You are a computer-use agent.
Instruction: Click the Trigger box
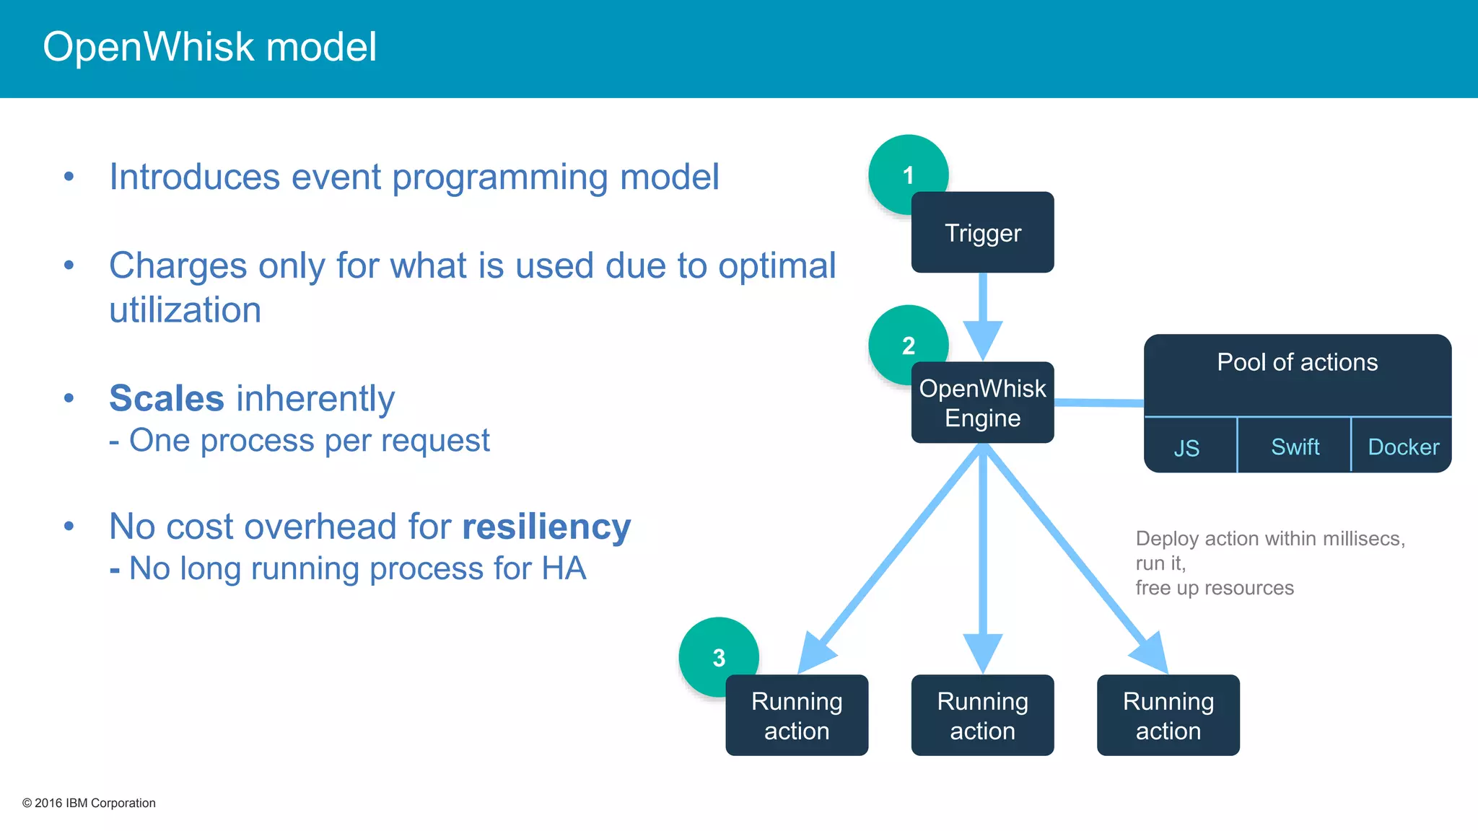[982, 232]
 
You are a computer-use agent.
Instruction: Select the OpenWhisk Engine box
[982, 403]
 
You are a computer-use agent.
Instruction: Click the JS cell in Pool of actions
[1187, 447]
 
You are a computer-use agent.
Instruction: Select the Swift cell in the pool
[1295, 447]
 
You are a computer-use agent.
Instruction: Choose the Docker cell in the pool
[1403, 447]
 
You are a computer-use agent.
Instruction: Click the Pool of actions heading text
[1297, 362]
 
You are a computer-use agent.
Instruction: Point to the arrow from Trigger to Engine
[982, 310]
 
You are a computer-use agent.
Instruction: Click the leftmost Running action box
[797, 716]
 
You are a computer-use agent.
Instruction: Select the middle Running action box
[982, 716]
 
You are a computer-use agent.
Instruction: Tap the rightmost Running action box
[1168, 716]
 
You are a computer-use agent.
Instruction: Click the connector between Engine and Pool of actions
[1098, 403]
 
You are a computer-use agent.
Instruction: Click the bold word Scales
[167, 398]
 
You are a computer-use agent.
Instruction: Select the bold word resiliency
[546, 527]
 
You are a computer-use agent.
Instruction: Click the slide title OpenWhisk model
[209, 47]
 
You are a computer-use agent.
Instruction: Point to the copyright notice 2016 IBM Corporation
[89, 803]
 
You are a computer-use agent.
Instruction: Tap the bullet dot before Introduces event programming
[69, 177]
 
